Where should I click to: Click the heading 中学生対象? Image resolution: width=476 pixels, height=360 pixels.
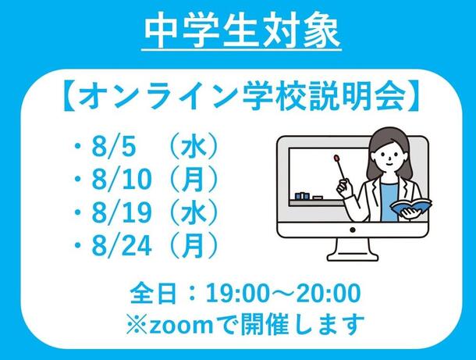tap(242, 31)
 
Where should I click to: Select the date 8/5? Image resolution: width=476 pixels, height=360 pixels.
tap(113, 148)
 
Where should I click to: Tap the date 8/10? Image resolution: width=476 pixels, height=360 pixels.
tap(122, 180)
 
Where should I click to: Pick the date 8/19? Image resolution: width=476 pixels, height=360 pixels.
tap(122, 212)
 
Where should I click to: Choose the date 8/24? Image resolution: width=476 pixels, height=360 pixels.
tap(122, 244)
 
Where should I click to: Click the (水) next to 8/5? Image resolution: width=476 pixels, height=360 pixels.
tap(194, 148)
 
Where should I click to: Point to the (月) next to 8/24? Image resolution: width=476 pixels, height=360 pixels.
tap(194, 244)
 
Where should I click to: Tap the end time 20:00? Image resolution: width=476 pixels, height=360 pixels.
tap(329, 294)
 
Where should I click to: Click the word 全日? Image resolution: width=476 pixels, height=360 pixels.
tap(153, 294)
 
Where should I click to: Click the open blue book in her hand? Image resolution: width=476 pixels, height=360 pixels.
tap(410, 207)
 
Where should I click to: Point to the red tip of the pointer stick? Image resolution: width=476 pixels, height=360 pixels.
tap(336, 158)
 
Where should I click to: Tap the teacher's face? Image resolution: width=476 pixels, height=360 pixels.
tap(387, 155)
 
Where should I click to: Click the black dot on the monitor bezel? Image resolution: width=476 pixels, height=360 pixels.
tap(353, 230)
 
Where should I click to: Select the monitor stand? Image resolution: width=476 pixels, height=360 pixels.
tap(353, 250)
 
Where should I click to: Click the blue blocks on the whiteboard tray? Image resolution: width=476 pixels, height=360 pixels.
tap(302, 196)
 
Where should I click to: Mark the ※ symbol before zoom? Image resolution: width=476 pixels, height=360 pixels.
tap(137, 325)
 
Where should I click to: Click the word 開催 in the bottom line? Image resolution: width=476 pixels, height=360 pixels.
tap(260, 324)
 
